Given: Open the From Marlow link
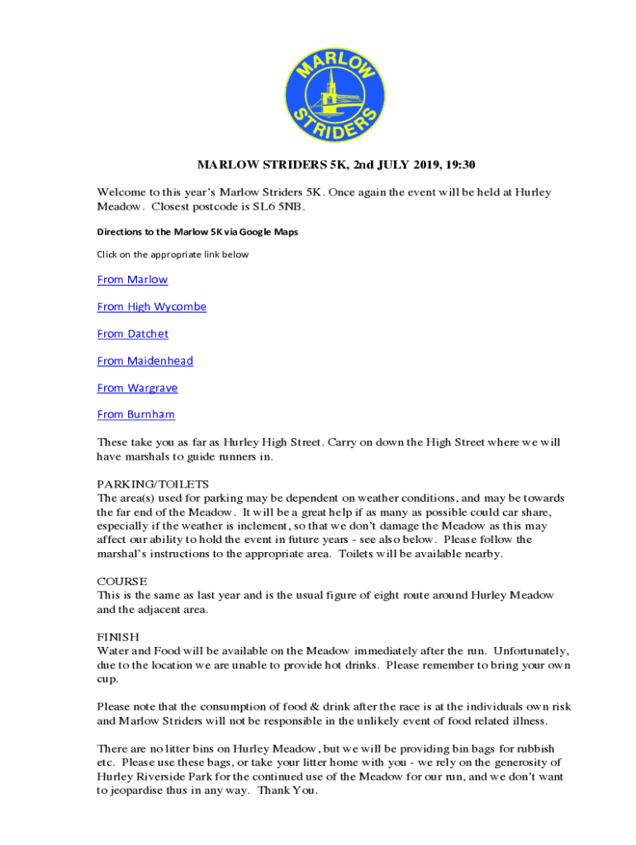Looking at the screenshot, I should click(132, 280).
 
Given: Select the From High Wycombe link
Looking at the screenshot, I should click(151, 307).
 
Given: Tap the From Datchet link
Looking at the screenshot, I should click(132, 334).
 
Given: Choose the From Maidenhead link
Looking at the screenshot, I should click(145, 361).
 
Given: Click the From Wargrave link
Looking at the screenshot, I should click(137, 388).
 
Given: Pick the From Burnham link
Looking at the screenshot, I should click(135, 414).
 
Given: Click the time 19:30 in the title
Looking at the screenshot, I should click(459, 165).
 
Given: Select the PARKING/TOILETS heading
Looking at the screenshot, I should click(153, 484).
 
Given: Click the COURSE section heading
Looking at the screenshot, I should click(122, 581).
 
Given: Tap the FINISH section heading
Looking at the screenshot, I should click(118, 637).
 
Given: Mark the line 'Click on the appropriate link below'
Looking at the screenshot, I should click(172, 254).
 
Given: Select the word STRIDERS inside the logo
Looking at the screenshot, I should click(330, 124).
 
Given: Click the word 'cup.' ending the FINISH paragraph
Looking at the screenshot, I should click(108, 679).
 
